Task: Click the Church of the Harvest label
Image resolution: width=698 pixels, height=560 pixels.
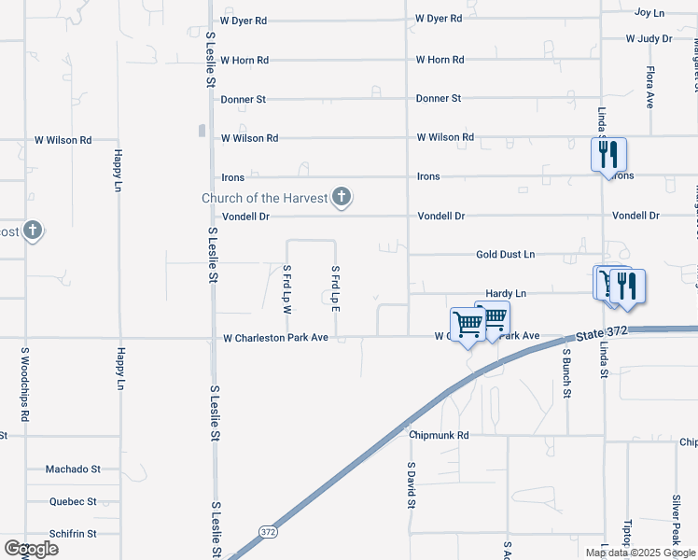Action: coord(265,198)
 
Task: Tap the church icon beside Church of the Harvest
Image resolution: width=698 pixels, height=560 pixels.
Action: coord(342,197)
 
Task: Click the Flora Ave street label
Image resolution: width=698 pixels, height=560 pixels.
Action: coord(650,88)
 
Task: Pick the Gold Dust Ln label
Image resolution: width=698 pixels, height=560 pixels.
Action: coord(505,254)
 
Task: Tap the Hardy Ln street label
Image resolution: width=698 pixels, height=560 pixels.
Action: coord(506,293)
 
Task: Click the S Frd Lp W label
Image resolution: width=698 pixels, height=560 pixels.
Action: coord(287,288)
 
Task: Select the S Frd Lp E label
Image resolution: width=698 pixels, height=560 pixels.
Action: coord(335,288)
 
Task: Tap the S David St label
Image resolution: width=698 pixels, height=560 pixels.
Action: coord(411,484)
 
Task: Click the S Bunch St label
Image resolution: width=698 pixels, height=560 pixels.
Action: coord(566,373)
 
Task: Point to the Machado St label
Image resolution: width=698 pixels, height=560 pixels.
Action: coord(74,469)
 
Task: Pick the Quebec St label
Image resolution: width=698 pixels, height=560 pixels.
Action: coord(74,501)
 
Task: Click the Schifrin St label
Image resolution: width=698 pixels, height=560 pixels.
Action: coord(74,534)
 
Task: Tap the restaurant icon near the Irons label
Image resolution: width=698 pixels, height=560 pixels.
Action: coord(608,154)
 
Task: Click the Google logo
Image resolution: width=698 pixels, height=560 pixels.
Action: coord(31,549)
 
